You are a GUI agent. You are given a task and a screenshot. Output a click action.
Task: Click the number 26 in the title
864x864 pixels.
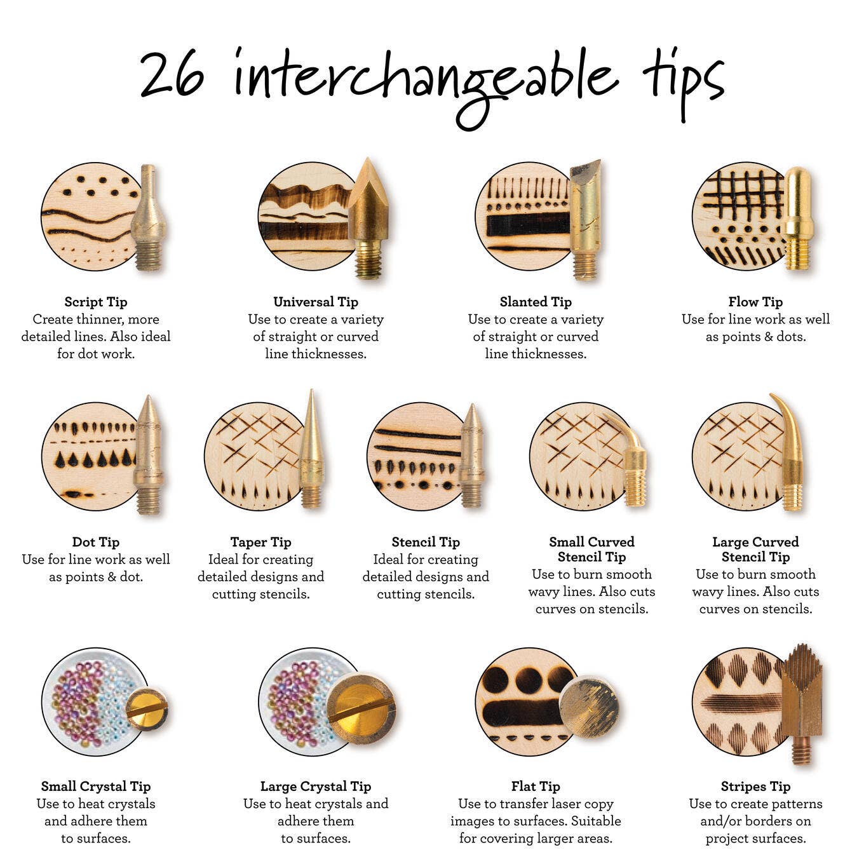tap(172, 76)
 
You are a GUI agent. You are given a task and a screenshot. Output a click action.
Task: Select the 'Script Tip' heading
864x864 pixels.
tap(96, 302)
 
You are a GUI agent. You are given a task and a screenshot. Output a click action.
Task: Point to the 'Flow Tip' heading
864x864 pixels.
tap(755, 302)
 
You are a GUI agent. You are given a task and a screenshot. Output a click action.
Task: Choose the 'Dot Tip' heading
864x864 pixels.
tap(96, 542)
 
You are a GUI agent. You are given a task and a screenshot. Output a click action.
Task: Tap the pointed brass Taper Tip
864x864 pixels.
tap(311, 451)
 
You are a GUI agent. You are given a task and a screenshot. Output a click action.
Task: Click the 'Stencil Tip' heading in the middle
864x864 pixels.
tap(426, 542)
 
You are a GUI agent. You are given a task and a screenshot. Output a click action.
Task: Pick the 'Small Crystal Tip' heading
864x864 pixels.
tap(96, 786)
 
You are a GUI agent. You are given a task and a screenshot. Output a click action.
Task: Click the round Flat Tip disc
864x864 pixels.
tap(588, 707)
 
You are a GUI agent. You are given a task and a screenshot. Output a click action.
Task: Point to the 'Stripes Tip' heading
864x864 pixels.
tap(755, 786)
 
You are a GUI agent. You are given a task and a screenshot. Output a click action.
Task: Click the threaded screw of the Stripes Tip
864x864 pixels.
tap(800, 750)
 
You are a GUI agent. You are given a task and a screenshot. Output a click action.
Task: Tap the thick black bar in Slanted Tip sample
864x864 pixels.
tap(527, 224)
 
